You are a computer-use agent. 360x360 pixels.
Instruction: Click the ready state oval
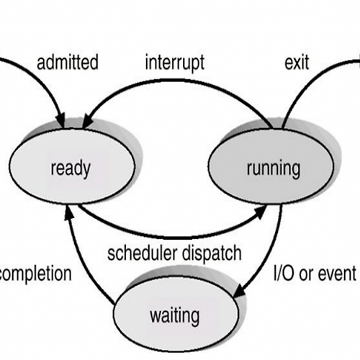72,166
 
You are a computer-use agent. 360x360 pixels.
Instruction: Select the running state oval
271,166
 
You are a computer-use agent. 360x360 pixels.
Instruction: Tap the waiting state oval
176,314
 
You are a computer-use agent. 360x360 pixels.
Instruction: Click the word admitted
68,62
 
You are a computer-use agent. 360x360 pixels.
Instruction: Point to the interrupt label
175,63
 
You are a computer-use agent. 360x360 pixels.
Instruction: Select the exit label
297,63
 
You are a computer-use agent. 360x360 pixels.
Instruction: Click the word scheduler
143,253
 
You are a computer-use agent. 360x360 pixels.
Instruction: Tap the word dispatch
212,253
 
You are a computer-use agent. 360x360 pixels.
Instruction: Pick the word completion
35,274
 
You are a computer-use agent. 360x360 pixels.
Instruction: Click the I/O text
284,273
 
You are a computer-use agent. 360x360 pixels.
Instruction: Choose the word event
338,274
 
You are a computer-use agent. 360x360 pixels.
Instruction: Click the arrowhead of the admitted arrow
60,121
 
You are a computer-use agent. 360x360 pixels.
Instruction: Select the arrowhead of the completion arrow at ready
68,212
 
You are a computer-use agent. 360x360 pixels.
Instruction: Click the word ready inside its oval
71,168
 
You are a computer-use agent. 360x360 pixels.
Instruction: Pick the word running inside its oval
274,168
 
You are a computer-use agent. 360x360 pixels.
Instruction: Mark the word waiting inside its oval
175,316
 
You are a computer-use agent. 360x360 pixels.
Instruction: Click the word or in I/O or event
307,274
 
